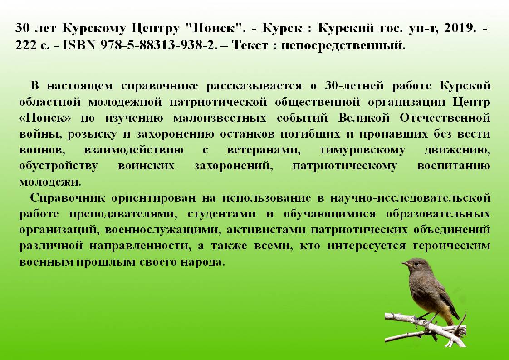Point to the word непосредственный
(343, 45)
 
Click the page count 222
(26, 45)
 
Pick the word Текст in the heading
(250, 45)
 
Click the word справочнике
(159, 86)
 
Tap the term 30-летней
(354, 86)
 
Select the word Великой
(363, 118)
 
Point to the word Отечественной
(445, 118)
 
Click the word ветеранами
(263, 150)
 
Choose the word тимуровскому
(362, 150)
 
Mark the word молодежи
(50, 182)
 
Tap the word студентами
(221, 214)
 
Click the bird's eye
(412, 263)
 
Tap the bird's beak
(405, 264)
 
